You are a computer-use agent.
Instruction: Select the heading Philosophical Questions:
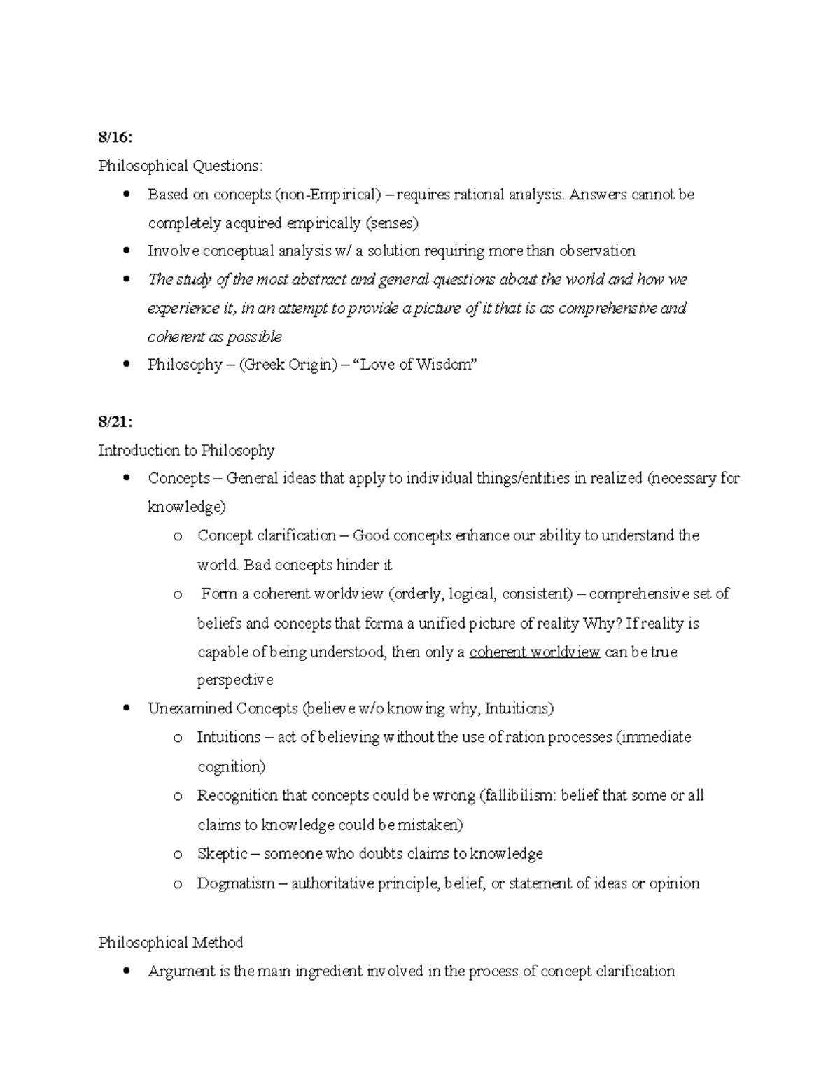(x=181, y=166)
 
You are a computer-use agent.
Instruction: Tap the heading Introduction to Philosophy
(x=186, y=450)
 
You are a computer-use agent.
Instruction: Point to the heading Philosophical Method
(x=171, y=942)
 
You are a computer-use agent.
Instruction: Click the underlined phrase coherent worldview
(x=535, y=652)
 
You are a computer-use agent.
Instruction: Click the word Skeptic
(x=223, y=854)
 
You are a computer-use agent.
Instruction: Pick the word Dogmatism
(x=236, y=883)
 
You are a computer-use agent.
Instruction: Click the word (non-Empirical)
(x=328, y=195)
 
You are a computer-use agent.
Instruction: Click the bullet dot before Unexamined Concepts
(x=126, y=708)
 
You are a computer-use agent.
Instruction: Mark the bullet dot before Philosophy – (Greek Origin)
(x=126, y=364)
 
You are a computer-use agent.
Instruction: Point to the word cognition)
(x=231, y=767)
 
